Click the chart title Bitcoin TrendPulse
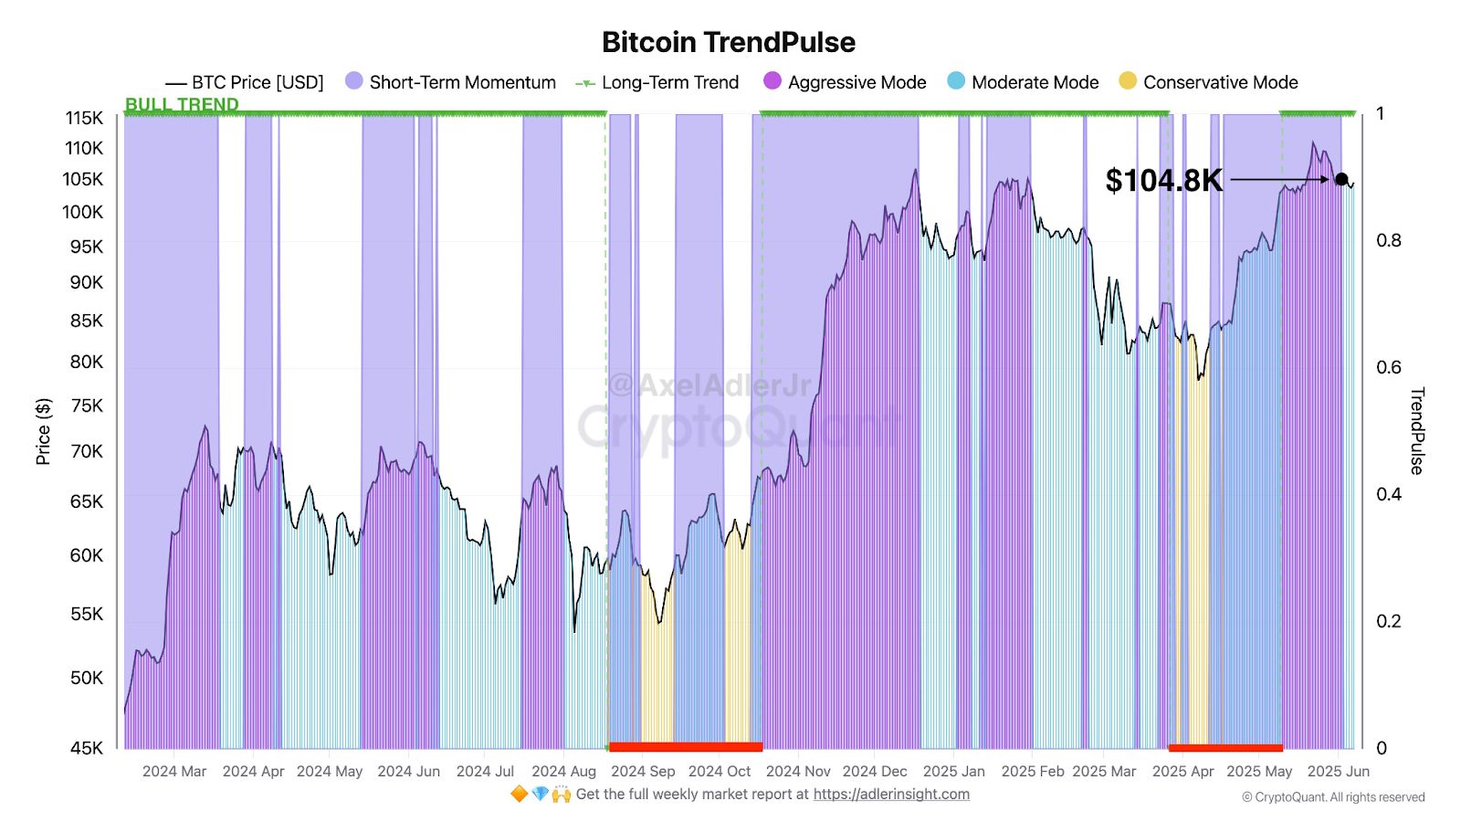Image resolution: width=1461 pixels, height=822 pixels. pos(729,42)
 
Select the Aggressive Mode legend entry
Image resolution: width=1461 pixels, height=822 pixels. pos(845,82)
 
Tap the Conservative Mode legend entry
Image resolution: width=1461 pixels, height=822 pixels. pos(1208,82)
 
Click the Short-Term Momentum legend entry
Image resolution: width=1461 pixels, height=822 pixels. pos(450,82)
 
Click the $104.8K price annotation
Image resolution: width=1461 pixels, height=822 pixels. pos(1163,180)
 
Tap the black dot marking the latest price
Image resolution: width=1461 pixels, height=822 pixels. pos(1341,179)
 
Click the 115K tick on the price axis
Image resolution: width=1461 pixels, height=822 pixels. pos(84,118)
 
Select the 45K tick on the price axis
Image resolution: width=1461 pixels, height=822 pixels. pos(87,748)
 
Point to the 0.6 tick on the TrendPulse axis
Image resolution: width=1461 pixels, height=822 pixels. pos(1388,367)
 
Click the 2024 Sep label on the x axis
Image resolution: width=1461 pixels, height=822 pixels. pos(643,771)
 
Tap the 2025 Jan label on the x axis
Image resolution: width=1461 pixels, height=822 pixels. pos(953,771)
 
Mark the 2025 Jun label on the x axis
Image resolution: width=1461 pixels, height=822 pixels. pos(1338,771)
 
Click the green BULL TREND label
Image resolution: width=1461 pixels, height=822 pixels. pos(182,104)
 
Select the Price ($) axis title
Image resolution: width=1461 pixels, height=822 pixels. pos(43,431)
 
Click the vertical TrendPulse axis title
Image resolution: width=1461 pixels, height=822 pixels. pos(1416,431)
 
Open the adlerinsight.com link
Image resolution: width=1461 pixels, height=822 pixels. pos(891,794)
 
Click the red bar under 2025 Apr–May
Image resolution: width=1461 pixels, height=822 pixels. pos(1225,748)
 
